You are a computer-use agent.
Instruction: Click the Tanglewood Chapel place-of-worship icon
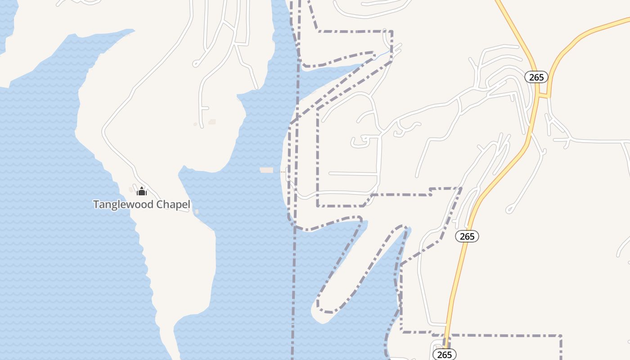[x=142, y=191]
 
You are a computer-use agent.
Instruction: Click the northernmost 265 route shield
[x=536, y=77]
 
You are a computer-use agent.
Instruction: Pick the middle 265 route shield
[x=467, y=236]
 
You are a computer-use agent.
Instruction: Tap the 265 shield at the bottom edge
[x=445, y=355]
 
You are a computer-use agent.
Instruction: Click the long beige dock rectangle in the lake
[x=266, y=170]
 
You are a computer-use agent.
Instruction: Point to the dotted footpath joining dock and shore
[x=283, y=171]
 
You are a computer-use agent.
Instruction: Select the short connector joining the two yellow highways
[x=544, y=95]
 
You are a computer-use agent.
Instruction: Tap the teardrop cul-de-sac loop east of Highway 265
[x=509, y=209]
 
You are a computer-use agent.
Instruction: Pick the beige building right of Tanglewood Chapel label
[x=197, y=211]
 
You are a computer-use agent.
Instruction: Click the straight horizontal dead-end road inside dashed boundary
[x=353, y=173]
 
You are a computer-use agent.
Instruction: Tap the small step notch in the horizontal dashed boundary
[x=431, y=192]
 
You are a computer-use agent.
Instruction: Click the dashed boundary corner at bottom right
[x=561, y=336]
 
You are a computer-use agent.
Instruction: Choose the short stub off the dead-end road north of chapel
[x=205, y=108]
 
